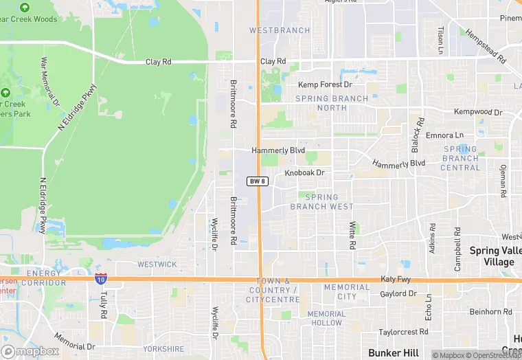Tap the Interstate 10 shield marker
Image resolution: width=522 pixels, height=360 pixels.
pos(100,279)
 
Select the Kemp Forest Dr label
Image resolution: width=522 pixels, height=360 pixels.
pos(325,85)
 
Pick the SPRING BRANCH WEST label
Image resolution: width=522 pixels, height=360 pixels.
pos(321,202)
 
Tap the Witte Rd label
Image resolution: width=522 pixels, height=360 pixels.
pos(352,235)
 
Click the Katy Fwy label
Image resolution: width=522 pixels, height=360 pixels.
pos(396,280)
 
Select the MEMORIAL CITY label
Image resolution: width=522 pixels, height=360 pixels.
pos(346,291)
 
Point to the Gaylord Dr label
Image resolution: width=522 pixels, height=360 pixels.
pos(398,294)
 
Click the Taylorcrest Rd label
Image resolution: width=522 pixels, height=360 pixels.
pos(404,331)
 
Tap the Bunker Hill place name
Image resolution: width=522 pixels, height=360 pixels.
pos(393,352)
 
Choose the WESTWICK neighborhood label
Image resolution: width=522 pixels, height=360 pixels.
pos(157,264)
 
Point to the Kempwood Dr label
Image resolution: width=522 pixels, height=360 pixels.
pos(478,111)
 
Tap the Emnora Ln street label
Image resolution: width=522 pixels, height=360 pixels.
pos(444,135)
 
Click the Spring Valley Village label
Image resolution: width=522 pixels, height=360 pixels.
pos(495,256)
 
